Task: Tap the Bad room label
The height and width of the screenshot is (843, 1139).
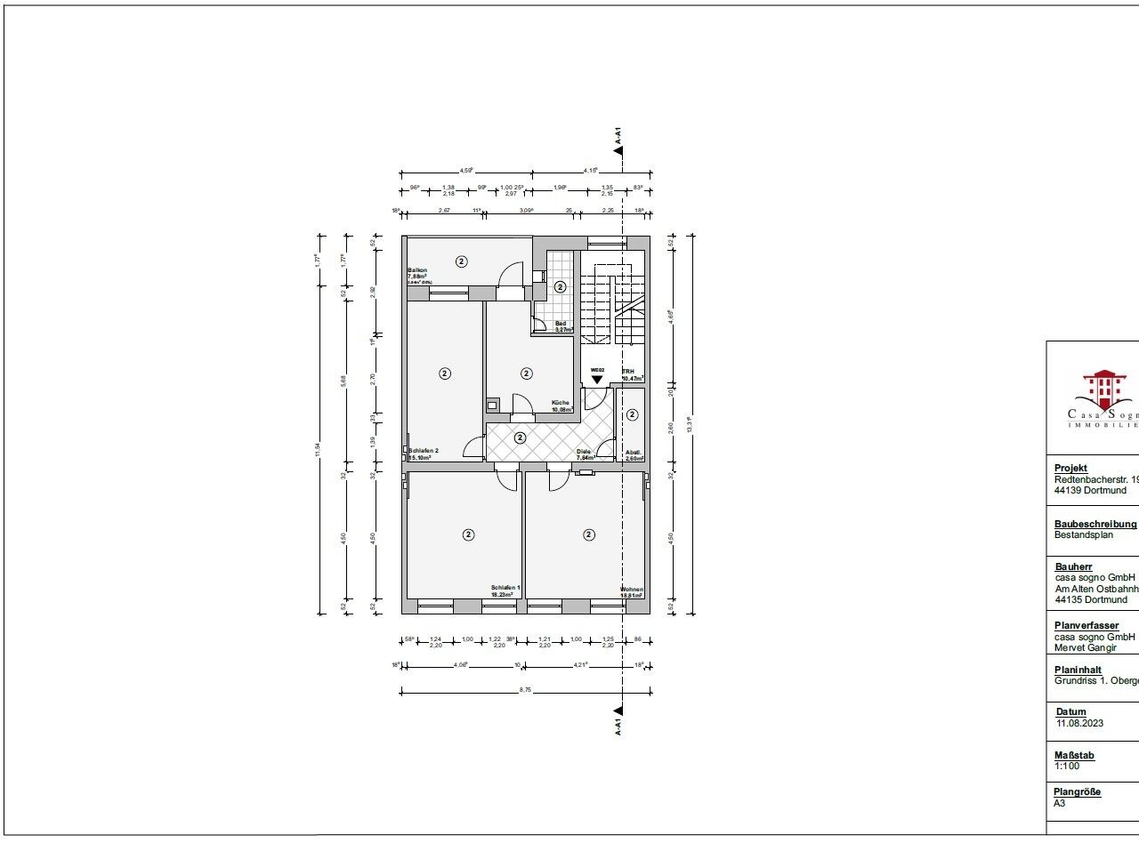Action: tap(561, 324)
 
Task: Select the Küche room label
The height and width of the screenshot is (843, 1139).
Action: tap(560, 404)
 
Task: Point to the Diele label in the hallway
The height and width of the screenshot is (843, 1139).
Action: tap(583, 452)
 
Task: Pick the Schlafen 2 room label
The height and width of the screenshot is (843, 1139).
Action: tap(423, 452)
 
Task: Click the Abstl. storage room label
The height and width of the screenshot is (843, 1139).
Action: tap(633, 452)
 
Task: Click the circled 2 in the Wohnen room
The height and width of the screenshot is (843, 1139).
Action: tap(588, 534)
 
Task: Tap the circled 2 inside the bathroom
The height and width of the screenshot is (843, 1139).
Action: tap(560, 286)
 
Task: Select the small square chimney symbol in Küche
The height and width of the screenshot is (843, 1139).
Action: tap(492, 405)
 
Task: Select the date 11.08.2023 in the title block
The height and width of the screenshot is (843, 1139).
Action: tap(1079, 723)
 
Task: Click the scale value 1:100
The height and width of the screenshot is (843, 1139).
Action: tap(1068, 765)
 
